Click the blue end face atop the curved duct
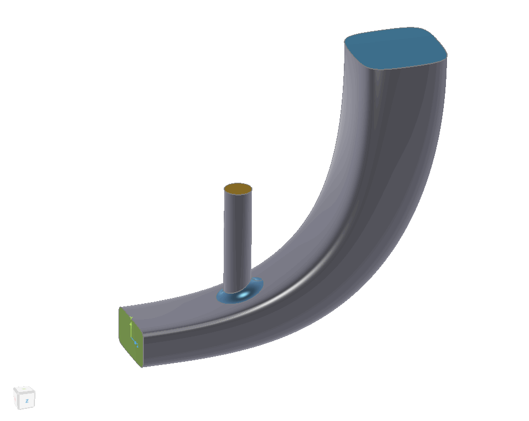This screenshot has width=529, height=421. [x=395, y=48]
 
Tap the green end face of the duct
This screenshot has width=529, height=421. [x=130, y=336]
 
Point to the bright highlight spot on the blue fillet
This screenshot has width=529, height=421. [x=243, y=295]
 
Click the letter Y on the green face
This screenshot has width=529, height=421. [x=131, y=318]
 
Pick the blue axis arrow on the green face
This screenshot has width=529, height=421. [x=135, y=342]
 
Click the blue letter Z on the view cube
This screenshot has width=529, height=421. [x=27, y=401]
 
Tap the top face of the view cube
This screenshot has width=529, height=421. [x=24, y=390]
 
